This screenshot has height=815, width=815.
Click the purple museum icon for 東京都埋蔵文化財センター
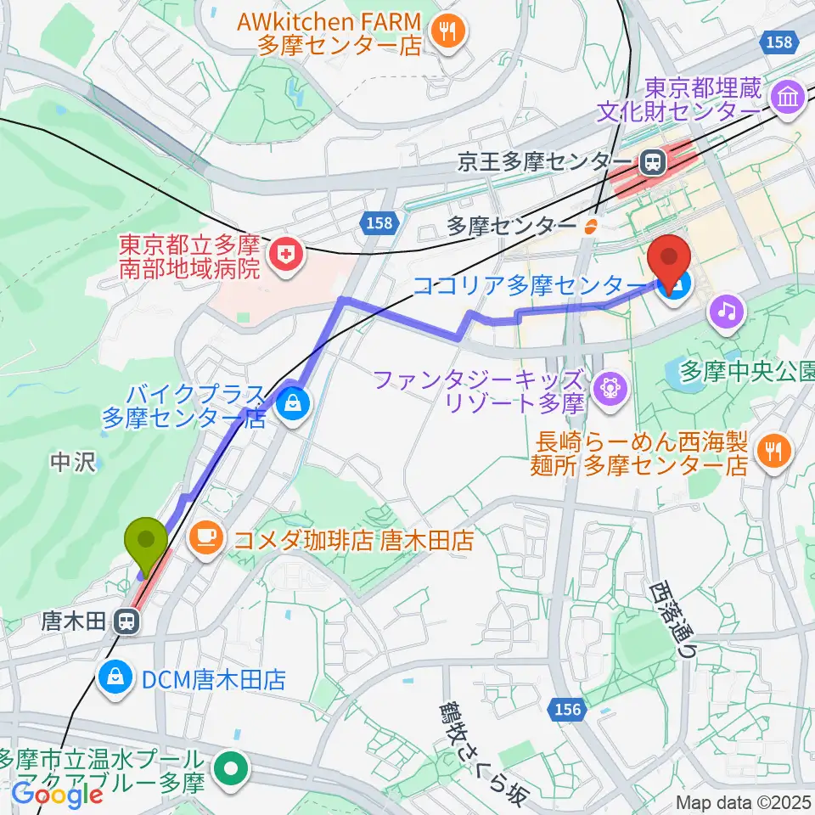pyautogui.click(x=789, y=98)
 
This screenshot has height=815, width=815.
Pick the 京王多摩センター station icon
pyautogui.click(x=654, y=160)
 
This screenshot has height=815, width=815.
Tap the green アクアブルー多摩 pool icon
pyautogui.click(x=231, y=771)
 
